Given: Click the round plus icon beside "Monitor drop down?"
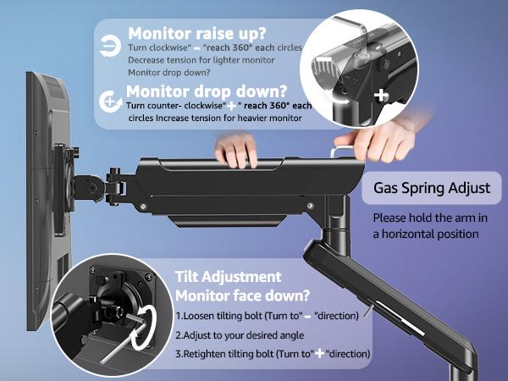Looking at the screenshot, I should pos(109,102).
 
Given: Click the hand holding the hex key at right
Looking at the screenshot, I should pos(356,140).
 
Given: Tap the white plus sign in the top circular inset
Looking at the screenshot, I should pos(382,95).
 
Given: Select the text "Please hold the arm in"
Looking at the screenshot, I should pos(431,218).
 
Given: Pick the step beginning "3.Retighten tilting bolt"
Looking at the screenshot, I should pos(273,353).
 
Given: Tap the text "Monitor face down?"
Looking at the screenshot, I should pos(241,295).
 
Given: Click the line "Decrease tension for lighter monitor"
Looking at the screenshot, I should pos(202,61).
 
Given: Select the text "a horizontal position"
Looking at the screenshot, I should pos(426,234).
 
